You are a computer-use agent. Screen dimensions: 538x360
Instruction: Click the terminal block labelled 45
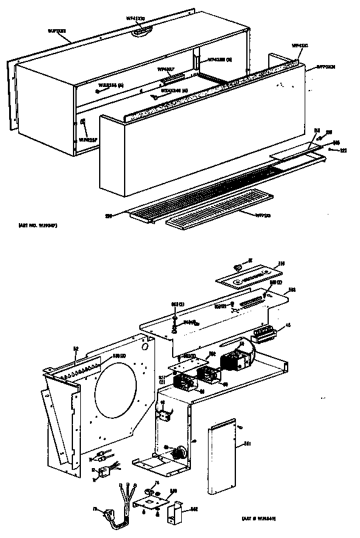tap(263, 332)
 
